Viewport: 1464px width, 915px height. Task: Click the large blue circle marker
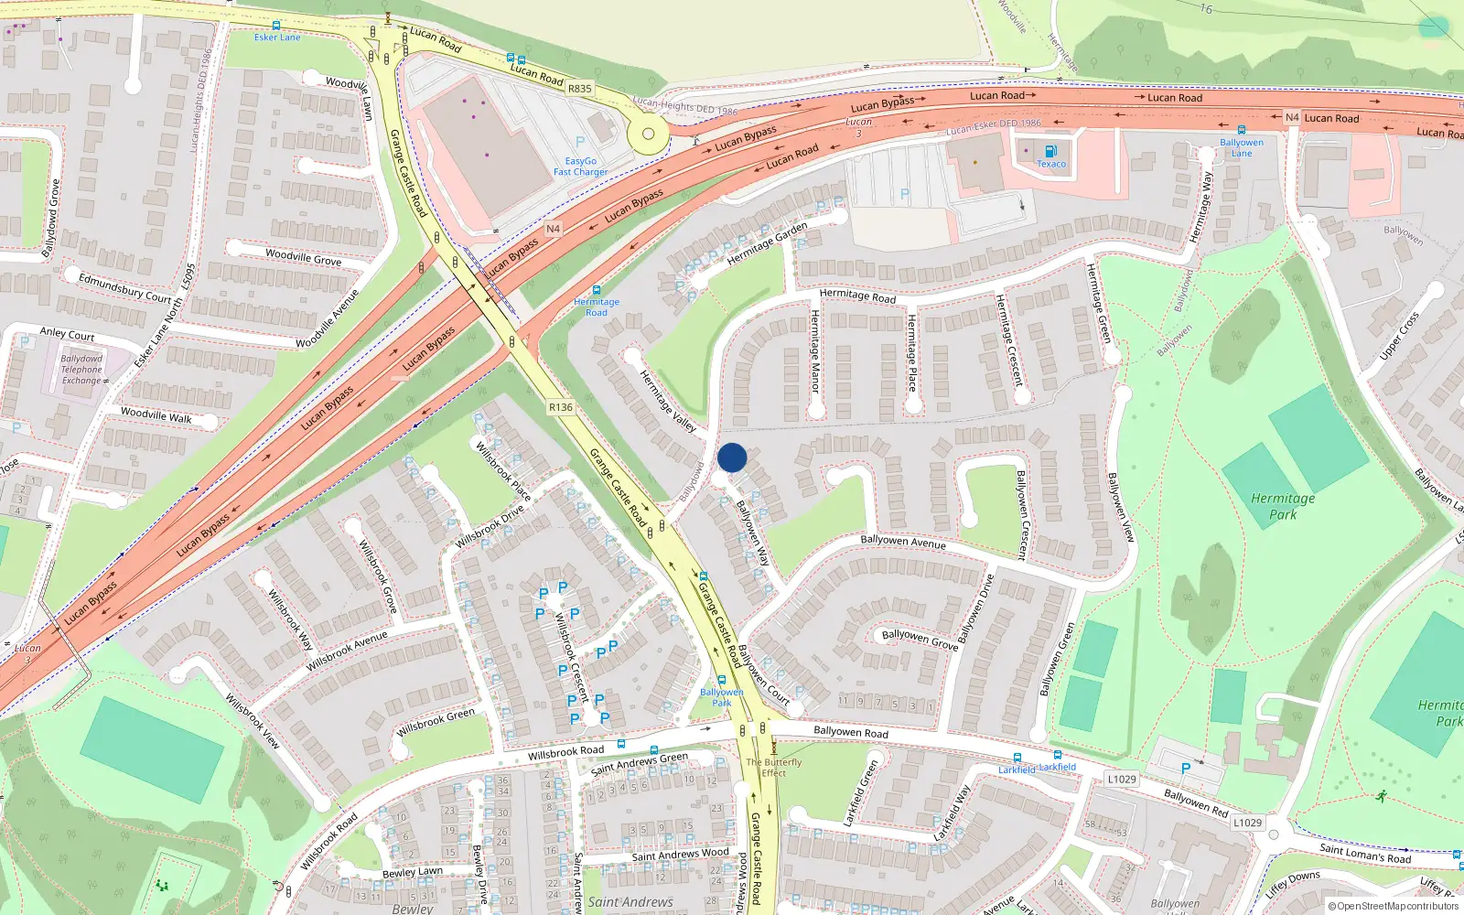click(x=732, y=457)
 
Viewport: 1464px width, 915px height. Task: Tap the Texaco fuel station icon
click(x=1050, y=152)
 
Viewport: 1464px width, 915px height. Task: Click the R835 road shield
click(x=579, y=89)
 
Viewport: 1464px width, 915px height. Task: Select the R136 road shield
click(x=561, y=407)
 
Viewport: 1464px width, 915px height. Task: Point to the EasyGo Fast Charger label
click(x=580, y=166)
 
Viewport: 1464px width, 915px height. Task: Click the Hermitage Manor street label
click(x=814, y=351)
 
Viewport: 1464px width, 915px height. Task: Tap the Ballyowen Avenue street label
click(x=903, y=542)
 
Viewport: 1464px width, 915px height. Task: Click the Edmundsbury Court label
click(x=124, y=288)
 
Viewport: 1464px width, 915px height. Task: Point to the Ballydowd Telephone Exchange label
click(x=81, y=370)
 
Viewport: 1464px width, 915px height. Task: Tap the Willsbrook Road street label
click(x=565, y=752)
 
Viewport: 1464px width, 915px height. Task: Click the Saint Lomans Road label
click(x=1365, y=854)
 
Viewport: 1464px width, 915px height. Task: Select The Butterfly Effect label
click(x=773, y=767)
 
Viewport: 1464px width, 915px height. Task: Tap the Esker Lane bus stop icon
click(x=276, y=26)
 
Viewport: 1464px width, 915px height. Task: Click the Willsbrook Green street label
click(x=436, y=722)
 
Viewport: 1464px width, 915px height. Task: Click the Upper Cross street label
click(x=1399, y=336)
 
